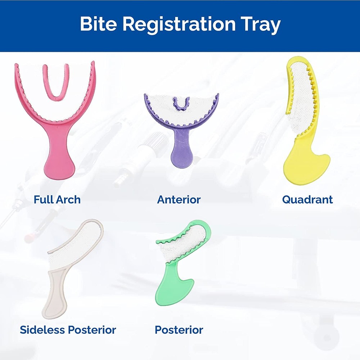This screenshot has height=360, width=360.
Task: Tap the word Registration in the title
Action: click(x=179, y=25)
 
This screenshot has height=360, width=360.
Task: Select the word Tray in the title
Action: click(x=262, y=25)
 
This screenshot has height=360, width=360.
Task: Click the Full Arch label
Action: click(x=57, y=199)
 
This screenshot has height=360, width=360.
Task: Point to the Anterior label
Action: click(x=179, y=199)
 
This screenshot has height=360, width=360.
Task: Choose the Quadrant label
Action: click(x=307, y=199)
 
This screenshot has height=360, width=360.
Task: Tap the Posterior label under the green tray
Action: click(x=179, y=329)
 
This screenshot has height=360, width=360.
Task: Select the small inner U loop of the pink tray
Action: click(x=55, y=90)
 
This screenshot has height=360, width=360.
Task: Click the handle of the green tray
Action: click(x=173, y=284)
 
